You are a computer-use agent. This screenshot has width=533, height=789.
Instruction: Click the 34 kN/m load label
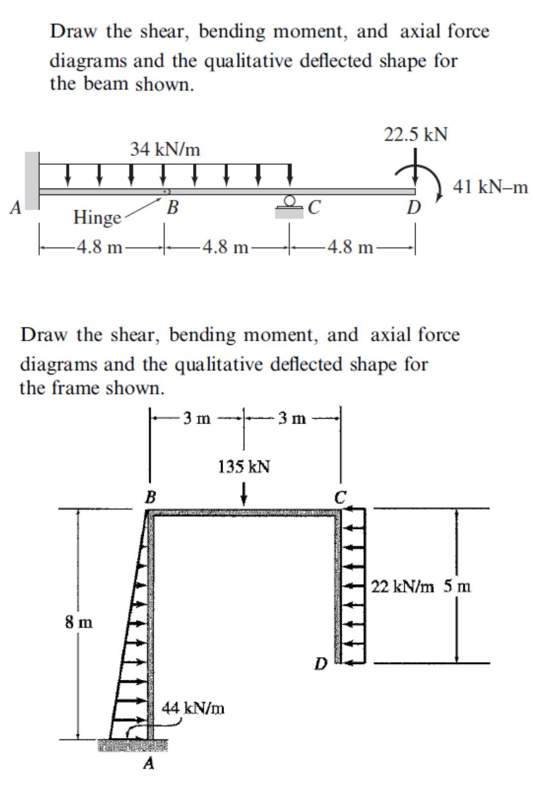click(165, 149)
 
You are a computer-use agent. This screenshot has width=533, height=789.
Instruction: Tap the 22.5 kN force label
click(416, 134)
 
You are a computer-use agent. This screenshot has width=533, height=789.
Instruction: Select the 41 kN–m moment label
click(491, 188)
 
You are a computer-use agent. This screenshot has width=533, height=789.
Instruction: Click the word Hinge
click(97, 217)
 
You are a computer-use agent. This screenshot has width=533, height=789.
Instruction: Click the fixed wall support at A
click(32, 180)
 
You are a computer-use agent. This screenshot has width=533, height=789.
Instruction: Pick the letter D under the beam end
click(413, 208)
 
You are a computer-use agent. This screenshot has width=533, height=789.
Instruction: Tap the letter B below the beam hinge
click(172, 207)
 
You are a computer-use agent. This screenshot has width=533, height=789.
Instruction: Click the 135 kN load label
click(244, 466)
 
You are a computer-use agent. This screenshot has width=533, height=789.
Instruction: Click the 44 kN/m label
click(193, 708)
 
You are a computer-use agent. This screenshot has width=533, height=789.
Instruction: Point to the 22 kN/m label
click(402, 587)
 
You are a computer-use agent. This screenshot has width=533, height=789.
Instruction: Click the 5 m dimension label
click(457, 587)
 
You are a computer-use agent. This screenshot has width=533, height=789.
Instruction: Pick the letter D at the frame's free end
click(321, 664)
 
